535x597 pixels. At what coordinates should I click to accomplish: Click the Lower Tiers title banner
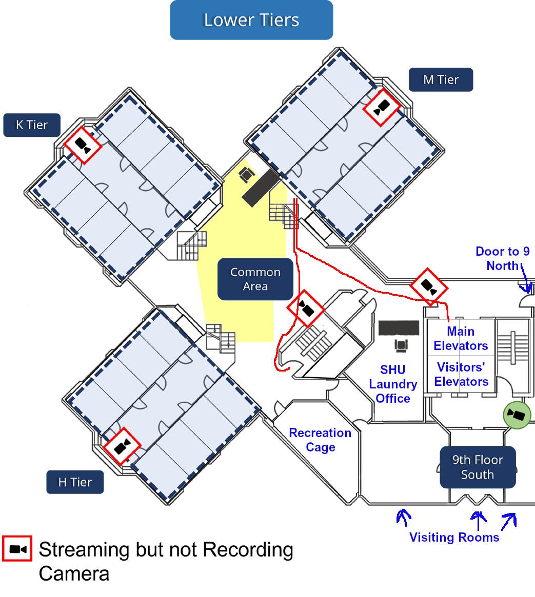click(x=251, y=20)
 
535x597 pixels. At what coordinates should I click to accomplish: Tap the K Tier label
click(x=32, y=125)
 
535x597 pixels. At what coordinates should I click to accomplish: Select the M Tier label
click(x=441, y=80)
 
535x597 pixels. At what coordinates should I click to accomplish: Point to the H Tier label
click(x=75, y=482)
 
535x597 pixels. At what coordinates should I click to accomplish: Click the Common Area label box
click(x=255, y=279)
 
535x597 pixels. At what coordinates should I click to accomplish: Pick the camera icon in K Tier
click(x=83, y=146)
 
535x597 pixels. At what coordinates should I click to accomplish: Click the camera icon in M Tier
click(x=381, y=108)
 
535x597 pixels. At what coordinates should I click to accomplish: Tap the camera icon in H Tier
click(x=122, y=446)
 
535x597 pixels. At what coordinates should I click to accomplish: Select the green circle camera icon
click(x=517, y=415)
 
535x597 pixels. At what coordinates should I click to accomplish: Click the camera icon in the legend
click(x=17, y=549)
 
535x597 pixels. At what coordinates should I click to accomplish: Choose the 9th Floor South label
click(x=477, y=467)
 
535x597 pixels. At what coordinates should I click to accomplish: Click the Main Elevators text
click(x=461, y=339)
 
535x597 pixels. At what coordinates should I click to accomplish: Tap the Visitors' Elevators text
click(x=461, y=375)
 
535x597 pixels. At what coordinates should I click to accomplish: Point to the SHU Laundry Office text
click(x=393, y=384)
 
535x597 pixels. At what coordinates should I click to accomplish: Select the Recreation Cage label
click(x=320, y=440)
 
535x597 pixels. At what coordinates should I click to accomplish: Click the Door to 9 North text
click(x=502, y=258)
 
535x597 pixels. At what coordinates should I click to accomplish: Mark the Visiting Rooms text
click(x=454, y=537)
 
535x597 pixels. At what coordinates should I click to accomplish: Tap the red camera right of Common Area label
click(x=306, y=308)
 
